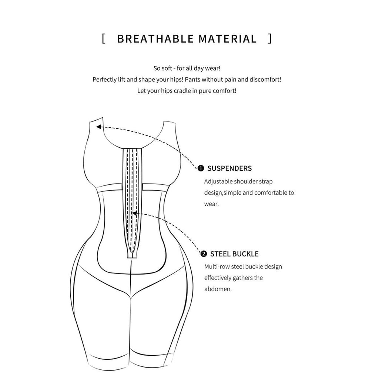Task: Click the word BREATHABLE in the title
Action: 155,39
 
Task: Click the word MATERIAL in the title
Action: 228,39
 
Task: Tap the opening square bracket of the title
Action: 104,38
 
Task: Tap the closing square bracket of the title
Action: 270,38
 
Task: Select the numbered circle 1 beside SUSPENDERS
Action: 201,168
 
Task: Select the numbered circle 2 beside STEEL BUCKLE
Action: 204,254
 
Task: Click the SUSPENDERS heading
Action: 229,168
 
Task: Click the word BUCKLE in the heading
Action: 245,254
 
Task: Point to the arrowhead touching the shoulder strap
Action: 98,127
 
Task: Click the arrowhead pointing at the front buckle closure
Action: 134,214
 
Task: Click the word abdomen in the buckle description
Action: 218,289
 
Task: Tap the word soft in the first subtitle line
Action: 167,68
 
